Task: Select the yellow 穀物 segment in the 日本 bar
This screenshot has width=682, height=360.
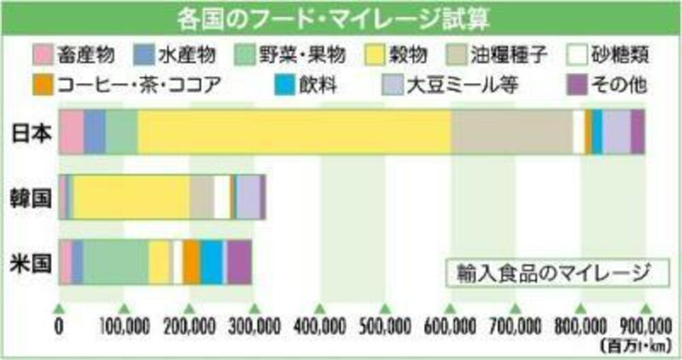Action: pos(293,131)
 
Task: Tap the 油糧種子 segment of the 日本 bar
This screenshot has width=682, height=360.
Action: pos(512,131)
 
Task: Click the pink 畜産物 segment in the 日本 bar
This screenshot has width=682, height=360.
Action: pos(72,131)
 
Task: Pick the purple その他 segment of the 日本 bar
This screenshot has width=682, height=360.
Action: pos(637,131)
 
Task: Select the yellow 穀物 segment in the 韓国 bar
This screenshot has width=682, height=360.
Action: pos(131,197)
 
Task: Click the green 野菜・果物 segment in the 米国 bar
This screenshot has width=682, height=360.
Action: pos(116,262)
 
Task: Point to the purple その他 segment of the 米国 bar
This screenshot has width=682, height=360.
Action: pos(239,262)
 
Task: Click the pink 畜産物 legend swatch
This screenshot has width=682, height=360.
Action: pos(43,54)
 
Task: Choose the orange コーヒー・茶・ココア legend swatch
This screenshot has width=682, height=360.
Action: pos(43,86)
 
